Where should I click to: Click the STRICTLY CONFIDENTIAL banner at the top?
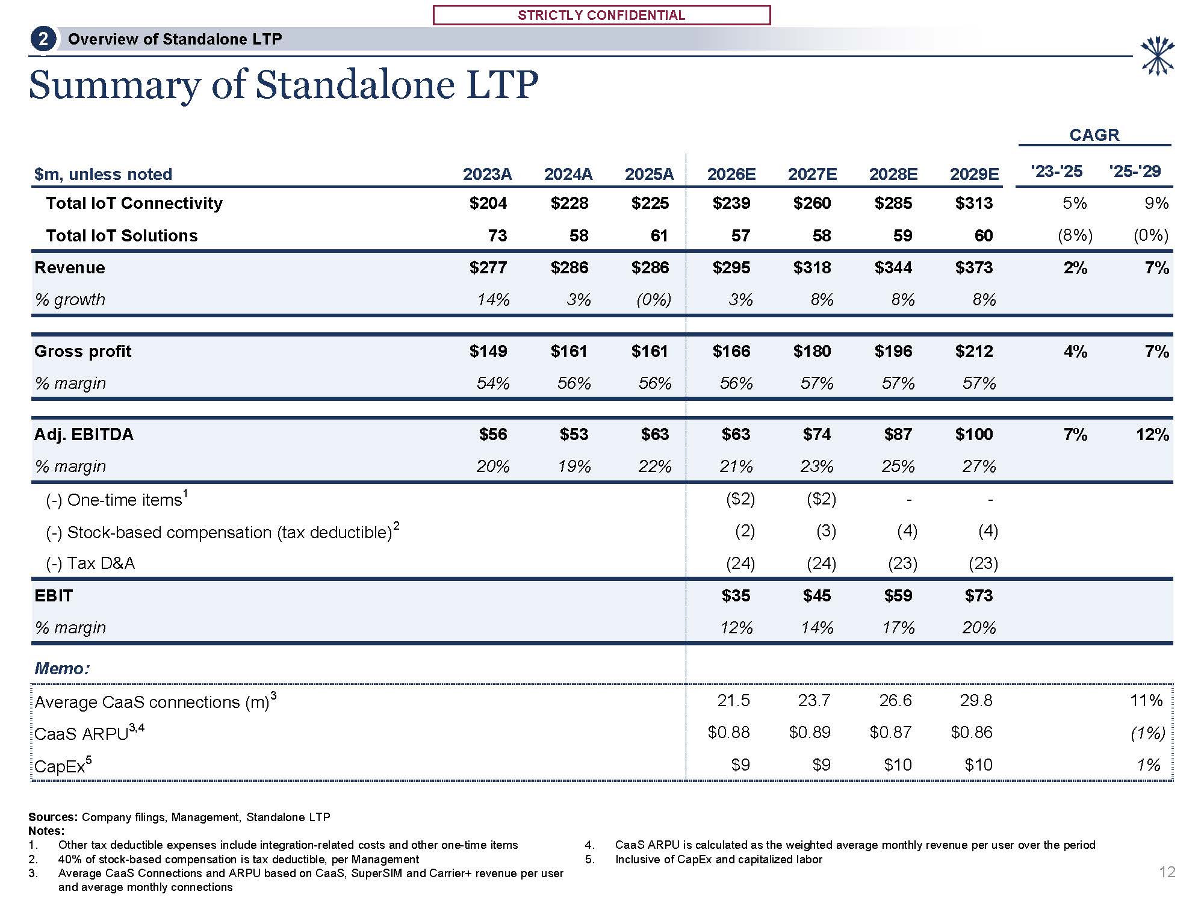point(601,15)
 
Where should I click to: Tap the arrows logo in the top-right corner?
point(1157,57)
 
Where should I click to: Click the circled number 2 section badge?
point(43,40)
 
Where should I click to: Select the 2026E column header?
point(731,175)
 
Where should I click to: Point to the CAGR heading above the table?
point(1094,135)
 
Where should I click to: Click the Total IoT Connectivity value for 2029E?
point(973,203)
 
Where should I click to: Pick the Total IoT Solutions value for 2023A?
point(497,236)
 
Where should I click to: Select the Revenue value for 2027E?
point(811,268)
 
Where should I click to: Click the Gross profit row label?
point(82,352)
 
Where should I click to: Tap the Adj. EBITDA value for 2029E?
point(973,435)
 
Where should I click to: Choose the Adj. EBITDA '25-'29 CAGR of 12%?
point(1152,435)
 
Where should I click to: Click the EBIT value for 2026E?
point(736,596)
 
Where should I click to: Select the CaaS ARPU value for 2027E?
point(809,733)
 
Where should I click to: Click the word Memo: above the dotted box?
point(62,668)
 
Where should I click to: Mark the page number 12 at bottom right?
point(1167,872)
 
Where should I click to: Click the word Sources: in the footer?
point(53,817)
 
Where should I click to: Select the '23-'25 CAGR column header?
point(1057,172)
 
